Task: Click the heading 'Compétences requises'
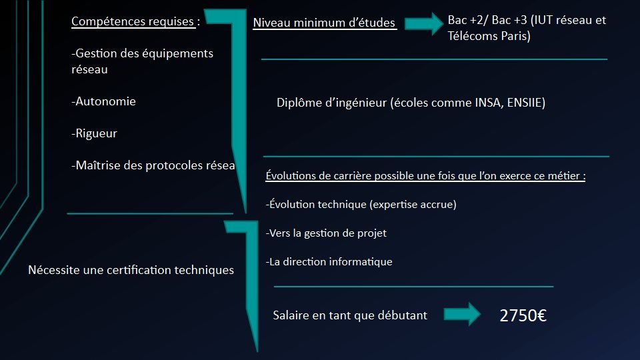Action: point(133,21)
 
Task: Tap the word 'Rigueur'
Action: point(96,133)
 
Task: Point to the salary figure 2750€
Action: point(523,316)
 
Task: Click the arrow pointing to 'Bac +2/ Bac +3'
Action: point(424,24)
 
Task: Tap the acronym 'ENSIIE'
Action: point(525,103)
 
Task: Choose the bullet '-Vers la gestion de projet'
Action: point(326,233)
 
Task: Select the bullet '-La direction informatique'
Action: point(329,262)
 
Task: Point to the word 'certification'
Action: point(137,270)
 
